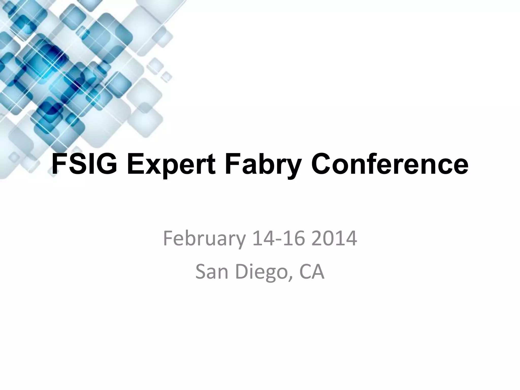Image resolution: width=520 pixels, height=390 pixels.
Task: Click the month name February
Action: [204, 239]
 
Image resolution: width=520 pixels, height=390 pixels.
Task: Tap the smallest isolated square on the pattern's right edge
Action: [167, 76]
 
